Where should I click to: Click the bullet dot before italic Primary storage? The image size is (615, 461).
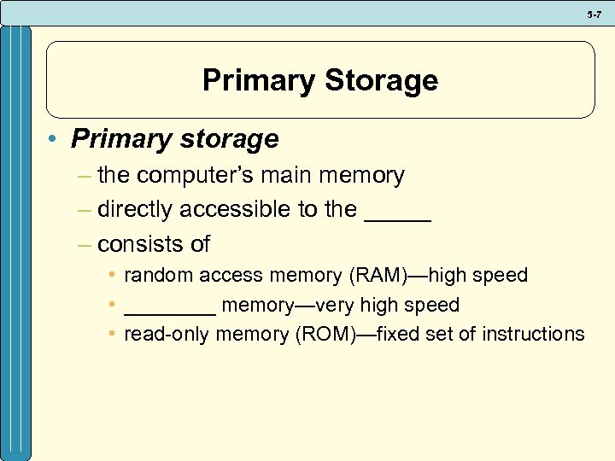(x=55, y=139)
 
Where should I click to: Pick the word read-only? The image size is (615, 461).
(x=167, y=334)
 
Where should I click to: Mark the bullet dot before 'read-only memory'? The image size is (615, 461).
(x=112, y=334)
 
